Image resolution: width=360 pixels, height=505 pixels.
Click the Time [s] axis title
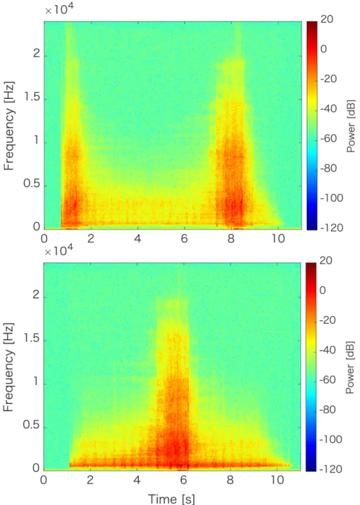tap(171, 498)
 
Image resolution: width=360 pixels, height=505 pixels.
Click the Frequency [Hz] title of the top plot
tap(10, 126)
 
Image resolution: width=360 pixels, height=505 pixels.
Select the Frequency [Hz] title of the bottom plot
tap(9, 367)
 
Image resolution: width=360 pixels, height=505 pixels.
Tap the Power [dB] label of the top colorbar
tap(351, 126)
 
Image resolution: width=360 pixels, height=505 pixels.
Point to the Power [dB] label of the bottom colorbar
tap(350, 367)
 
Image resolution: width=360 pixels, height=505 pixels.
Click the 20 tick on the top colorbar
tap(327, 19)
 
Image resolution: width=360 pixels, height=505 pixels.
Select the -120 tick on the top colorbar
tap(332, 228)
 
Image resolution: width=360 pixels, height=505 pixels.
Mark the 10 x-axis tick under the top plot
tap(278, 239)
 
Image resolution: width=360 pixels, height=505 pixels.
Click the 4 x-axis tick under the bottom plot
tap(136, 480)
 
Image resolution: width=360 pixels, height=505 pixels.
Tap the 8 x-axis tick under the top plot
tap(231, 239)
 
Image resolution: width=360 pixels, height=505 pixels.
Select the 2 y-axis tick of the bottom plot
tap(35, 295)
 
